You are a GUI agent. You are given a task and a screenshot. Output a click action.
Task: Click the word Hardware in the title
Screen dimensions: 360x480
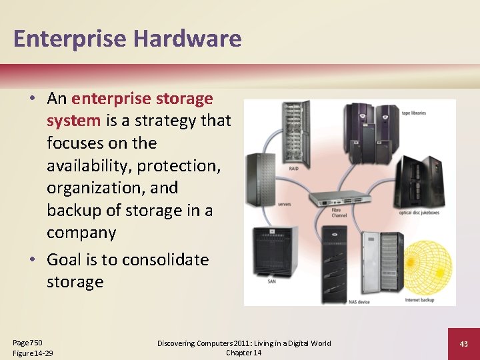(187, 39)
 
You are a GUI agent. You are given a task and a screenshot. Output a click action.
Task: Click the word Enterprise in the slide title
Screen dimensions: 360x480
(70, 39)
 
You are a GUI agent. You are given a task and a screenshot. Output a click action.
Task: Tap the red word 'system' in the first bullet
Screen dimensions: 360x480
(73, 121)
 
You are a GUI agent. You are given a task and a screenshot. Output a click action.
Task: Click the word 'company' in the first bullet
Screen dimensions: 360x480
(81, 233)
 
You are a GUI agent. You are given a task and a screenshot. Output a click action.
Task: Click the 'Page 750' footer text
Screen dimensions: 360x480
(27, 342)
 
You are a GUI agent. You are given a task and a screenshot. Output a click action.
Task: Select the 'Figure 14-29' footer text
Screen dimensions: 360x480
(33, 353)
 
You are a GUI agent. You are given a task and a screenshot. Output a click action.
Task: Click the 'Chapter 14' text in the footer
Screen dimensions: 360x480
(243, 353)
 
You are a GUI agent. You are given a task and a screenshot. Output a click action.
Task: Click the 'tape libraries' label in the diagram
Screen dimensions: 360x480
(413, 113)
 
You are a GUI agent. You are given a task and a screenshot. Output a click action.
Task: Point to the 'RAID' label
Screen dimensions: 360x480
(293, 169)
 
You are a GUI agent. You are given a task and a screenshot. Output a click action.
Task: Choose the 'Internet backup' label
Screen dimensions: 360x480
(419, 299)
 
